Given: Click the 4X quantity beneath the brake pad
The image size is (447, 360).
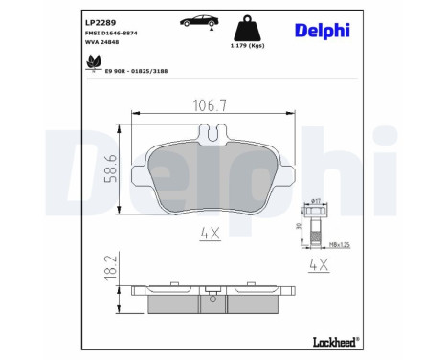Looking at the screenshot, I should click(x=211, y=232).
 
